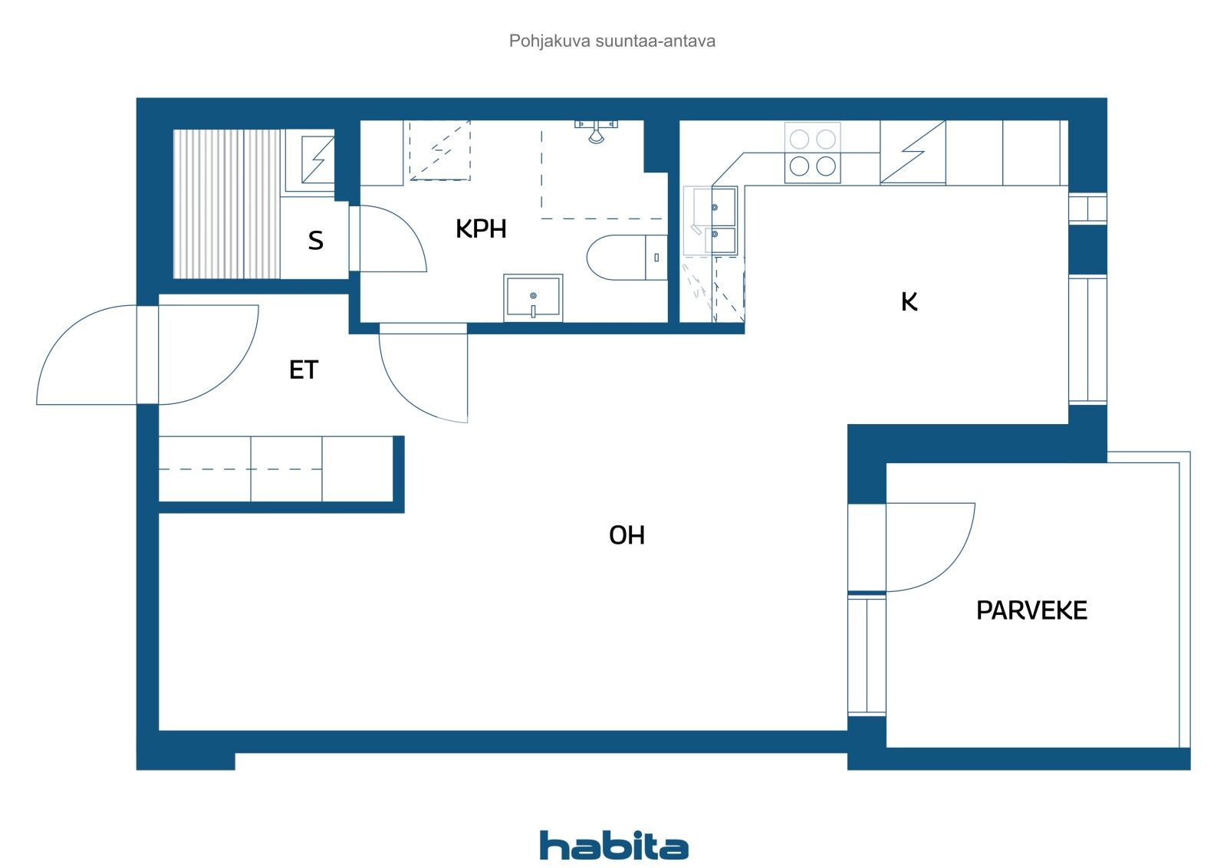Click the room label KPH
point(481,229)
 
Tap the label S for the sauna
point(315,242)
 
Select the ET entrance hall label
point(303,370)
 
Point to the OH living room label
point(627,535)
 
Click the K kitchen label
point(909,302)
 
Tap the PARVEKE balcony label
point(1031,611)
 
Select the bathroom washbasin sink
point(533,298)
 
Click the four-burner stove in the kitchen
point(812,153)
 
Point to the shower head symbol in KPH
point(596,131)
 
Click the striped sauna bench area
point(226,204)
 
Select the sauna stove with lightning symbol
point(317,159)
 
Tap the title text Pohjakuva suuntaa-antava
point(612,41)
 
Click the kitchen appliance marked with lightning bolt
point(913,153)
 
